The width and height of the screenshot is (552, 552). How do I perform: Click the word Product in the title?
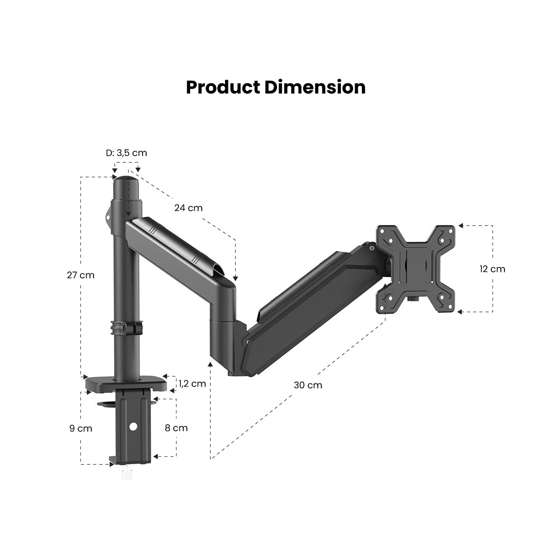[223, 88]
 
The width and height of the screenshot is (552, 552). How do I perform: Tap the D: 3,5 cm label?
[126, 153]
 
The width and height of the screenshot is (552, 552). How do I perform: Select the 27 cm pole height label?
[81, 275]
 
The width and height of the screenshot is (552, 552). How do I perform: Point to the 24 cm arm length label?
[188, 208]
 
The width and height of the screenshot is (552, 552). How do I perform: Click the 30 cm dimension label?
[308, 385]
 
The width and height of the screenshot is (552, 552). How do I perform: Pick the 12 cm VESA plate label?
[492, 269]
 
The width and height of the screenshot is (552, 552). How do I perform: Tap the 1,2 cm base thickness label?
[192, 383]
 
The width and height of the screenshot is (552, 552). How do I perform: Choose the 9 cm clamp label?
[81, 428]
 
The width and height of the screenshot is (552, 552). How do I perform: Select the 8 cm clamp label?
[176, 428]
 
